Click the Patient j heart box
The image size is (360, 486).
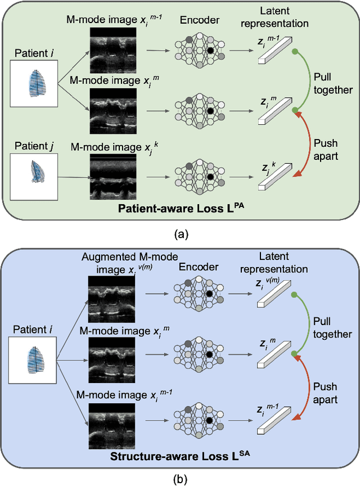[x=34, y=177]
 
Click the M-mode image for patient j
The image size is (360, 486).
[x=113, y=177]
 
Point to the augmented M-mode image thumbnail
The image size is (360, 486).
[x=111, y=299]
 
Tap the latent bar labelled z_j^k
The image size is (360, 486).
[x=275, y=177]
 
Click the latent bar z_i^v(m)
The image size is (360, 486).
[x=274, y=294]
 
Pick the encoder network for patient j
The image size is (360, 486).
[x=200, y=177]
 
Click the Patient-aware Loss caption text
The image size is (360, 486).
[x=181, y=208]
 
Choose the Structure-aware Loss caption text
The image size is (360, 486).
[x=180, y=456]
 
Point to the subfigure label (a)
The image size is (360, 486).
[x=181, y=234]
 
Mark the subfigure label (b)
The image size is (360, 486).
[x=180, y=479]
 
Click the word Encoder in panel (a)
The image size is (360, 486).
[x=200, y=20]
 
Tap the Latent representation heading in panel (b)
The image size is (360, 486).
[x=274, y=263]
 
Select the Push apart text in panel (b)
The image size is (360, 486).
[x=325, y=393]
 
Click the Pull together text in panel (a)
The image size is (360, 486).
[x=333, y=83]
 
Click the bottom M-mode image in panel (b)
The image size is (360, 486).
[x=112, y=426]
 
